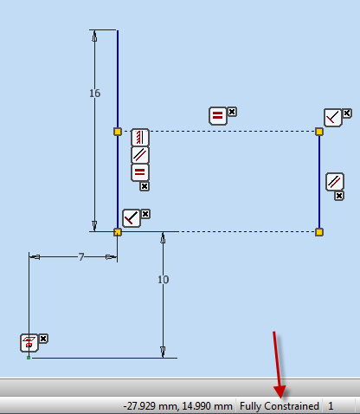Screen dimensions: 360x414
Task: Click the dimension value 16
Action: pos(94,94)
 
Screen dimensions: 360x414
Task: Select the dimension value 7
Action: pos(81,256)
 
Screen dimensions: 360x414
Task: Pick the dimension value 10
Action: pos(164,280)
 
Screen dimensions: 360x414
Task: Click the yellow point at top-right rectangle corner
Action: pos(319,132)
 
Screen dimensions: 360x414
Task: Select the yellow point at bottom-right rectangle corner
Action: pos(319,232)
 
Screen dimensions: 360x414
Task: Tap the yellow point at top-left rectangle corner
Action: pos(118,132)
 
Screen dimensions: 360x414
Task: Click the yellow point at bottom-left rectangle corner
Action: pos(118,232)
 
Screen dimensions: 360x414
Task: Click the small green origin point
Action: pos(29,358)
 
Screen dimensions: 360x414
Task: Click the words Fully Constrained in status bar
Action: pos(280,406)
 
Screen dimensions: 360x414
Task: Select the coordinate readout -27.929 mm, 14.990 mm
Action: pos(178,406)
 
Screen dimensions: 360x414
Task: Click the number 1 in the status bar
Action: pos(331,406)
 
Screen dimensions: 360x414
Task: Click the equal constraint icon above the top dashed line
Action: pos(218,116)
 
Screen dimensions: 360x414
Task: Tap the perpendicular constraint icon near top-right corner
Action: pos(333,118)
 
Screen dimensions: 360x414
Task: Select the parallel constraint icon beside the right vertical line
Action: pos(335,182)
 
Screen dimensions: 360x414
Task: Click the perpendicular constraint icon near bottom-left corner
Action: pos(132,218)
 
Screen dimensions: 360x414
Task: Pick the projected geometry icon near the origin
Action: pos(29,343)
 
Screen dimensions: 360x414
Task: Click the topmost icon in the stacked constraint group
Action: pos(140,138)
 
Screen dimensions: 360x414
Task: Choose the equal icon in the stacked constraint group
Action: pos(140,172)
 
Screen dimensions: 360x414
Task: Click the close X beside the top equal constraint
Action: pos(232,112)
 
